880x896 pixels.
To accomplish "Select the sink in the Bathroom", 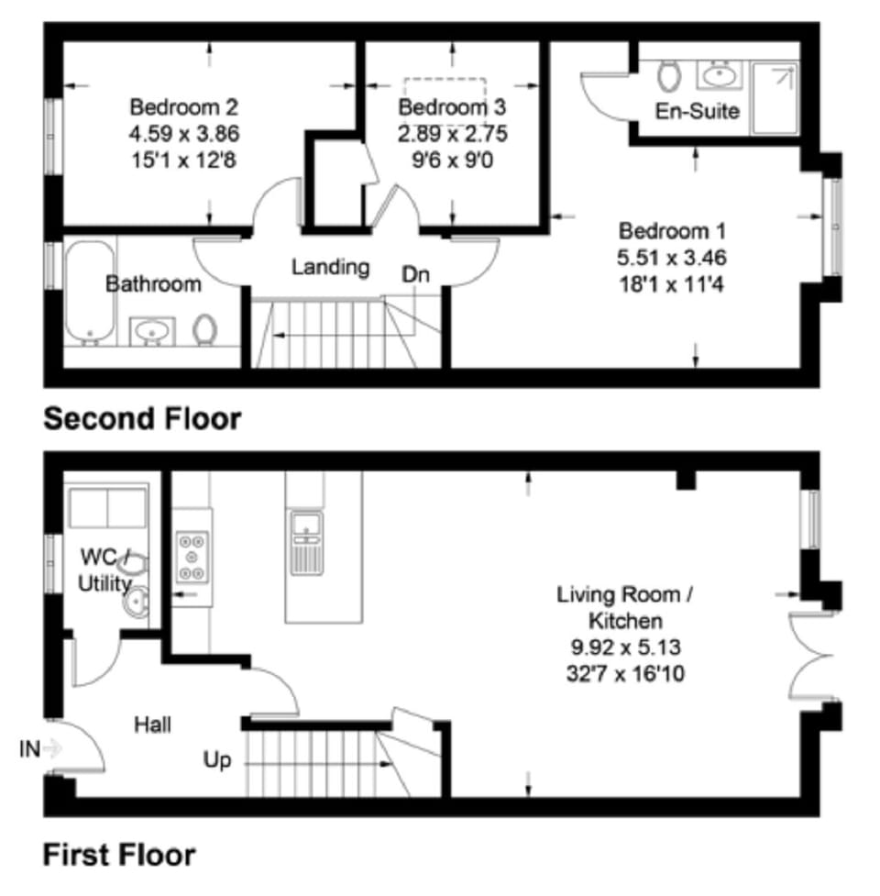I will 151,331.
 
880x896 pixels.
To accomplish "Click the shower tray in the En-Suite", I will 775,97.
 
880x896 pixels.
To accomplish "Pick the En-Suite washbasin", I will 718,72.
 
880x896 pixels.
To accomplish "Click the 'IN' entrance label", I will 29,749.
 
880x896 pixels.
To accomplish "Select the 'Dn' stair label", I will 414,274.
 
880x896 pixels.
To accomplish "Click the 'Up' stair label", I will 218,760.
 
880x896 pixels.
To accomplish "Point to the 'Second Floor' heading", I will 143,419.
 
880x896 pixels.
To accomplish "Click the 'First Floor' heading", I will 119,856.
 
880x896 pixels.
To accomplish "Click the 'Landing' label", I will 330,267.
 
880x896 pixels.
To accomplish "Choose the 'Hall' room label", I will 152,725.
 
